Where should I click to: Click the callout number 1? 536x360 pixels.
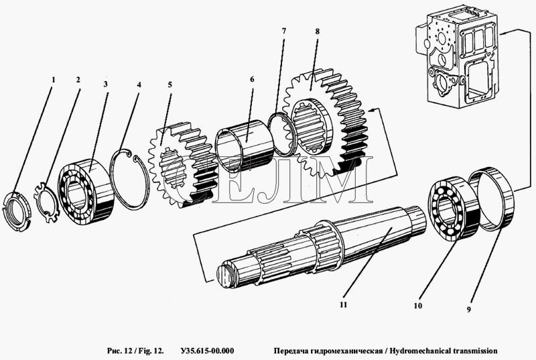click(x=53, y=80)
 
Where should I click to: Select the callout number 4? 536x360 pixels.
click(x=139, y=84)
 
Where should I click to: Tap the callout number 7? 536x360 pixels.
click(x=283, y=31)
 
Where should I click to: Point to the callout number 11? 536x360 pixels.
click(x=343, y=304)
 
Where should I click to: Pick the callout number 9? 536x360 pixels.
click(x=469, y=310)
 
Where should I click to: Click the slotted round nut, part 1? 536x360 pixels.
click(x=16, y=212)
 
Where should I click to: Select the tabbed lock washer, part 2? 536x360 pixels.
click(x=48, y=203)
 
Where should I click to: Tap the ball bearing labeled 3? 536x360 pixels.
click(x=86, y=192)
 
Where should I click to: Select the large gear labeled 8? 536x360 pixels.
click(x=326, y=123)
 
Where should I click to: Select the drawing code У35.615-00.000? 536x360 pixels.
click(x=207, y=351)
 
